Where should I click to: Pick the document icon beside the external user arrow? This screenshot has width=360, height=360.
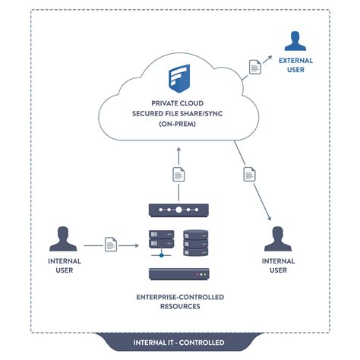click(x=255, y=67)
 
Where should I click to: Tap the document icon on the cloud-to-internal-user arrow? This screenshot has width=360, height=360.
click(x=248, y=175)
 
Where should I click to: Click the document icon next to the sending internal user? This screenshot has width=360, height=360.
click(x=111, y=245)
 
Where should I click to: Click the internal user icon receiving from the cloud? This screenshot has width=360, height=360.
click(x=279, y=238)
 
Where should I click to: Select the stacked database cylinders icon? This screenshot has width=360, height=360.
click(x=195, y=243)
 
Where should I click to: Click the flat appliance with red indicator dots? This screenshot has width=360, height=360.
click(x=180, y=275)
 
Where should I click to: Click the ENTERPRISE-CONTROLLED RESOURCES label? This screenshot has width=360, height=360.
click(x=180, y=302)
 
